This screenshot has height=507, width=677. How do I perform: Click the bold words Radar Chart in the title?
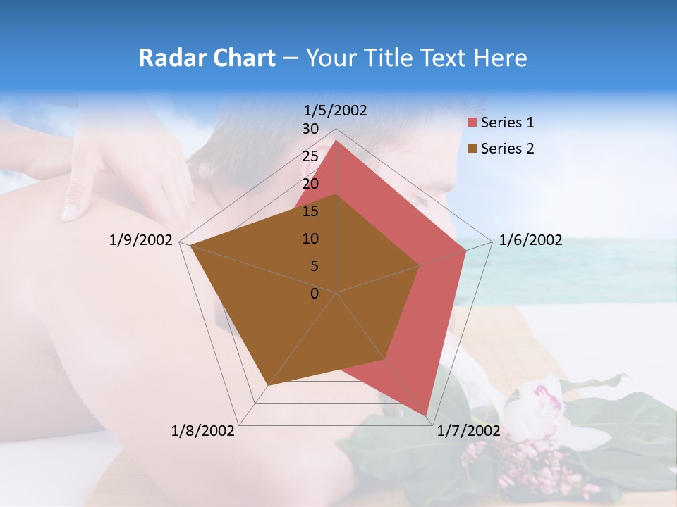point(207,58)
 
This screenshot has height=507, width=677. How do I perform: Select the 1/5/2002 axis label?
point(336,110)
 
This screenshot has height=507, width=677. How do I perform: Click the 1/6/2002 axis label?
point(530,240)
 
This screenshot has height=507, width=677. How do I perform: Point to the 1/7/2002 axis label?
point(468,431)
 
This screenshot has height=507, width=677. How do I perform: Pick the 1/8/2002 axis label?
point(203,431)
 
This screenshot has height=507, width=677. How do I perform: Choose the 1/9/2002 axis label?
point(141,240)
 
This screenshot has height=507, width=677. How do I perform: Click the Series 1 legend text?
point(507,123)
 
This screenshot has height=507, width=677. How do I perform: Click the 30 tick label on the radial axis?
point(310,129)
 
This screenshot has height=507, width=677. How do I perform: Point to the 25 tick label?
point(310,156)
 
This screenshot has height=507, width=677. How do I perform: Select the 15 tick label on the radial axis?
point(310,211)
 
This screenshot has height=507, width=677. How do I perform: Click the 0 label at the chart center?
point(315,294)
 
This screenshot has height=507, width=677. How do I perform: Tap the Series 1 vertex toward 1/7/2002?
point(426,415)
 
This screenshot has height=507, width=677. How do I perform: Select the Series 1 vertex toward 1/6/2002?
point(465,250)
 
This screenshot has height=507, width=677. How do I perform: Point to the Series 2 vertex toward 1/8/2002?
point(268,385)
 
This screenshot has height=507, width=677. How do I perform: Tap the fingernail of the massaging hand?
point(71,211)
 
